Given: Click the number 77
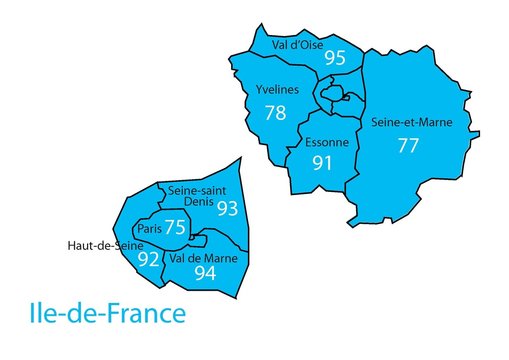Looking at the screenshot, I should point(407,145).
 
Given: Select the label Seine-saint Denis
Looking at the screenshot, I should point(195,196).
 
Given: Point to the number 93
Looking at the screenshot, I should point(228,208).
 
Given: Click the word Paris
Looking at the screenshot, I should point(150,229).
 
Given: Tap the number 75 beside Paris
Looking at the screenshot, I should point(175,228).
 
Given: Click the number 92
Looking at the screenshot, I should point(148,259).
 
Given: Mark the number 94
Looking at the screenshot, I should point(205,273).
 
